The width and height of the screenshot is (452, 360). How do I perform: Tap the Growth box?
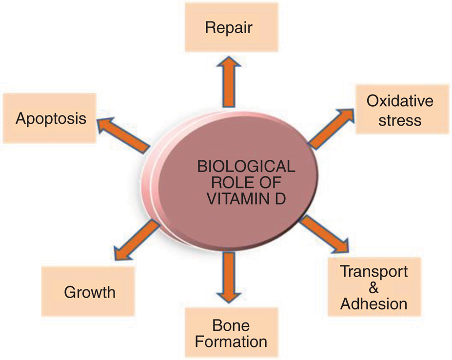point(89,292)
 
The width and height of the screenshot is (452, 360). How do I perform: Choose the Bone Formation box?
point(231,333)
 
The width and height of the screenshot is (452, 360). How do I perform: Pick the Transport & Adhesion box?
point(373,287)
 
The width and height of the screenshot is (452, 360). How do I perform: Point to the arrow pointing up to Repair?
point(229,81)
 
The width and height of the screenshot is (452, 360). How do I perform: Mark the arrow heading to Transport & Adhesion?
point(324,234)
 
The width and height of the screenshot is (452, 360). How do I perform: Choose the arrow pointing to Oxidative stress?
point(331,129)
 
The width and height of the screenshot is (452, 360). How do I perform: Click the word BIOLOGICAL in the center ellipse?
point(246,167)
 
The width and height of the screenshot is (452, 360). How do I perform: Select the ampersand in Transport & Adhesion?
point(374,287)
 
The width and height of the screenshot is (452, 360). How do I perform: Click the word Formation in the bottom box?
point(231,341)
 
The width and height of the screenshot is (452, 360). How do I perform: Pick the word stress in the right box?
point(400,119)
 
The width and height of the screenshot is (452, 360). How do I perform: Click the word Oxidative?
point(400,101)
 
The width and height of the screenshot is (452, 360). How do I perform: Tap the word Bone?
point(232,325)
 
